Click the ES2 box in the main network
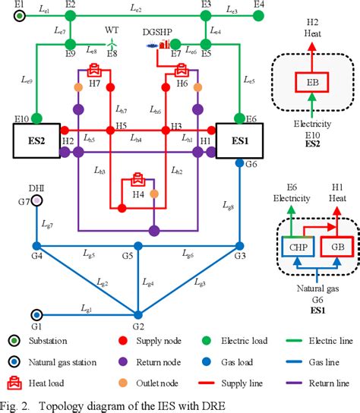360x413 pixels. click(36, 141)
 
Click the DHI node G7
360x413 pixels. click(36, 200)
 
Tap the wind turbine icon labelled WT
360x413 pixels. click(112, 41)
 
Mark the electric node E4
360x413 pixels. click(259, 16)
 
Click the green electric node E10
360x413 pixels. click(36, 118)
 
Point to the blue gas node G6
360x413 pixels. click(240, 164)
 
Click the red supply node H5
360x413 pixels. click(111, 130)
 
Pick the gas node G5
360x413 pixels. click(138, 245)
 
